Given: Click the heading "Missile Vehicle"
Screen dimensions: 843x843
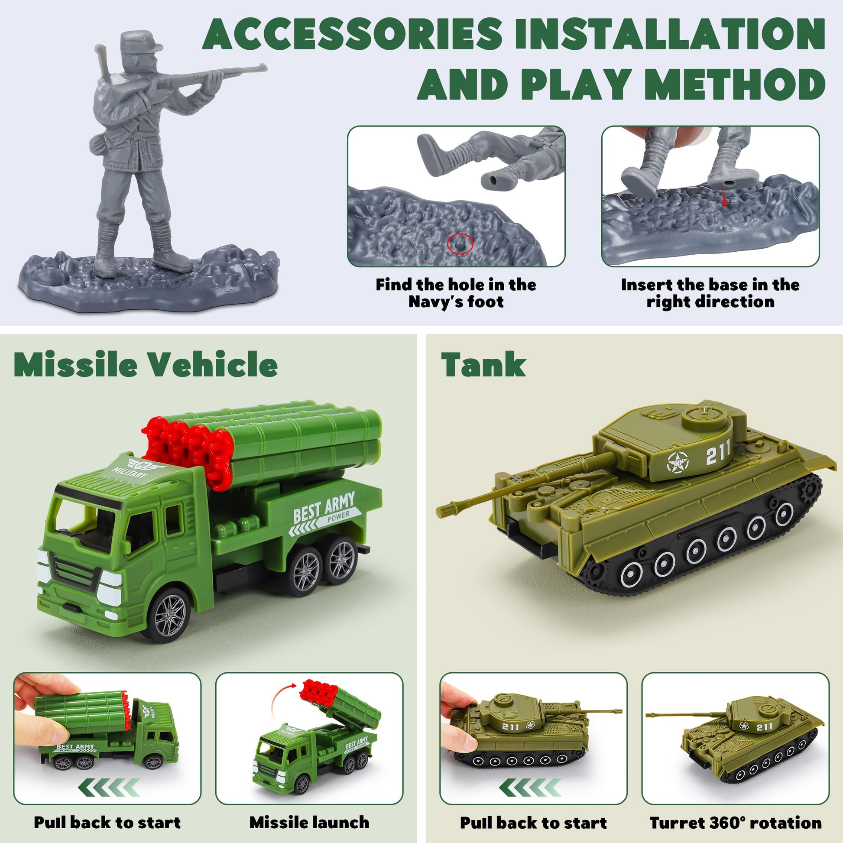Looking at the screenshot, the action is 146,364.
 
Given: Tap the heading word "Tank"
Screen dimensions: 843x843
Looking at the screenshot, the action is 483,364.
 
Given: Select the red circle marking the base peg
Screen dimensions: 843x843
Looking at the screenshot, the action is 460,243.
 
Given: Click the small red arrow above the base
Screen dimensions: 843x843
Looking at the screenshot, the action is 724,196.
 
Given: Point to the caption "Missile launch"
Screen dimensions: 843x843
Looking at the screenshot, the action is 309,823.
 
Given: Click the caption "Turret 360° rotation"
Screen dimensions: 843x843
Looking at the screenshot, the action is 736,823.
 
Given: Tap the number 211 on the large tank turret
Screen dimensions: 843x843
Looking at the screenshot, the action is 718,455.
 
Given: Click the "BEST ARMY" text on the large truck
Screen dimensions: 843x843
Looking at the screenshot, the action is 324,506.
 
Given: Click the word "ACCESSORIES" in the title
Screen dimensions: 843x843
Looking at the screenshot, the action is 352,35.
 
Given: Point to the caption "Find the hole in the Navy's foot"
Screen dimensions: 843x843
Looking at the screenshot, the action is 456,293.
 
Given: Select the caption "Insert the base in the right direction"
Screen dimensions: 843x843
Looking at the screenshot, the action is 710,293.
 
